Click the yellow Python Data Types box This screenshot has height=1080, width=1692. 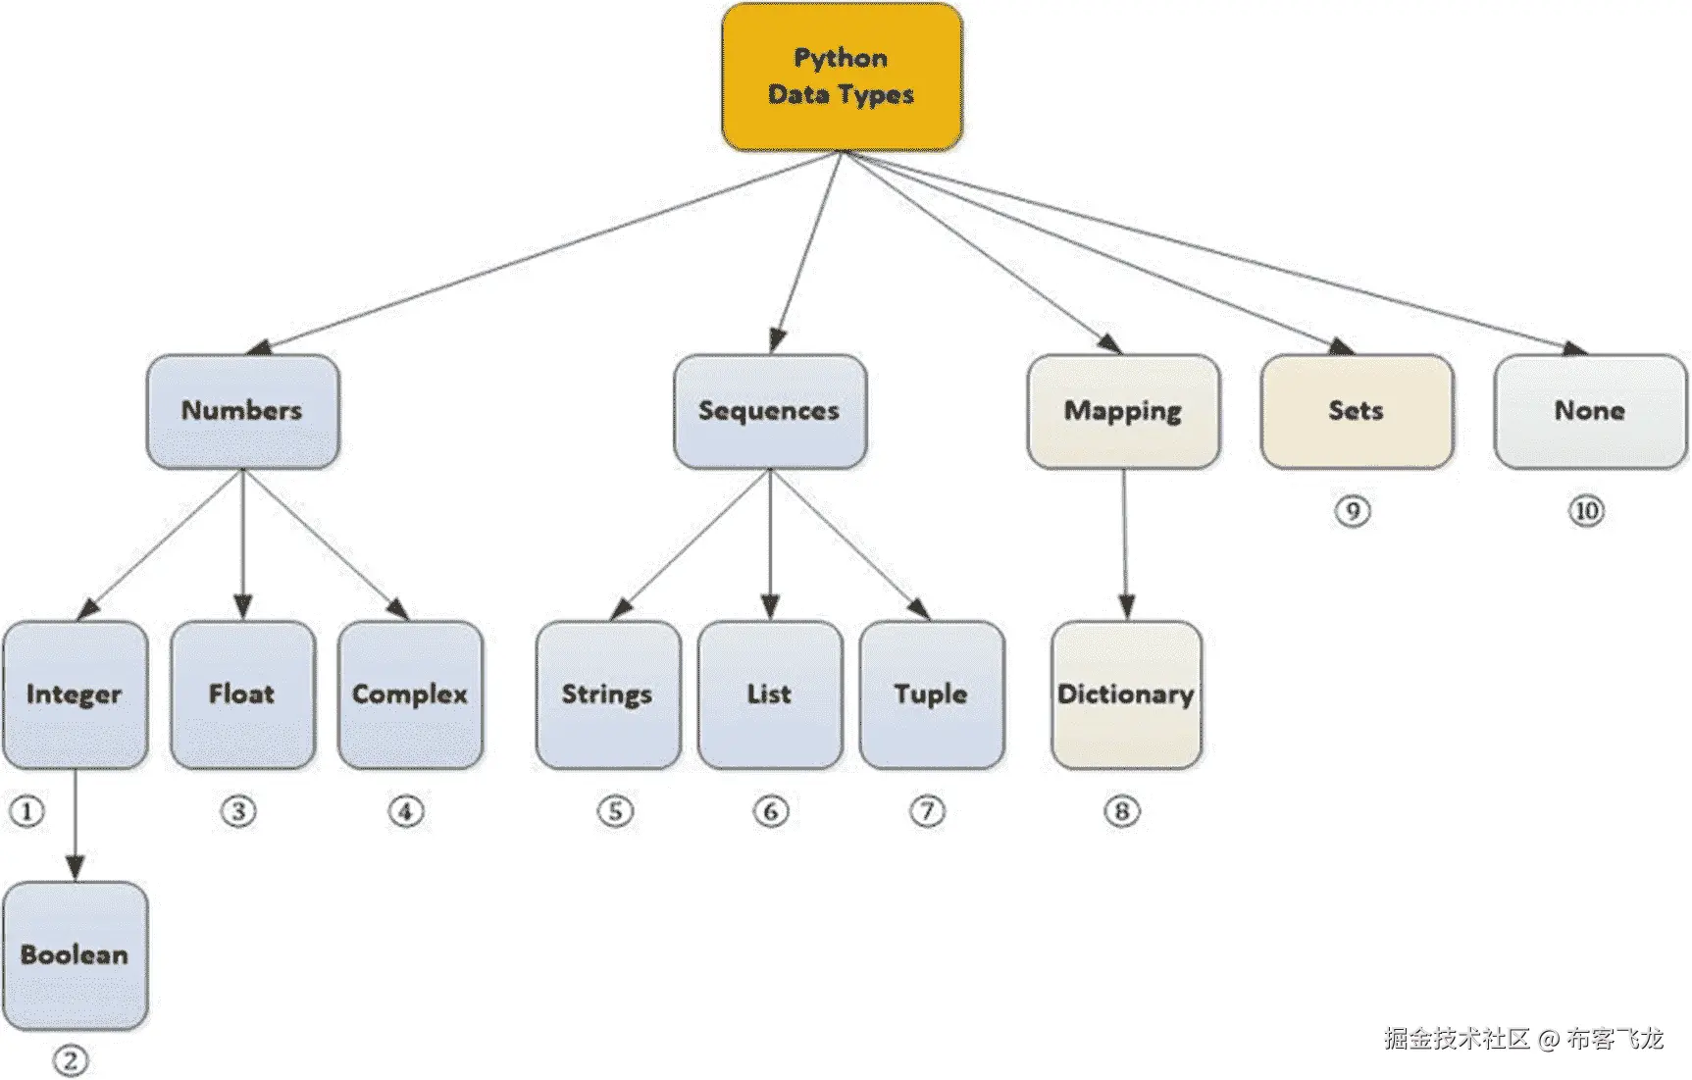[842, 77]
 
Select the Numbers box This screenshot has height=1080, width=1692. [242, 411]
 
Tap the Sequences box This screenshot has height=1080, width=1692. [770, 411]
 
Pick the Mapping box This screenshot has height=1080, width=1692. [1123, 411]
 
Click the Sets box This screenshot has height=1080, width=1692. [1357, 411]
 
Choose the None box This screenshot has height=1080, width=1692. [1590, 411]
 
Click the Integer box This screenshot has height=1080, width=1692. [75, 694]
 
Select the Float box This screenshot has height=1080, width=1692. [242, 694]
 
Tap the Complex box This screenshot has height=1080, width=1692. [410, 694]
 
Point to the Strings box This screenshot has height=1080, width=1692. [607, 694]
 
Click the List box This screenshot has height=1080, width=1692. [770, 694]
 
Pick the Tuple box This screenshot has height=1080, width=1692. [931, 694]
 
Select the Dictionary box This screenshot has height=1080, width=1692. [1126, 694]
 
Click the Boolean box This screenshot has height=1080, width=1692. [75, 955]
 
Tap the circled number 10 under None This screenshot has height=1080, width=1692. [1586, 511]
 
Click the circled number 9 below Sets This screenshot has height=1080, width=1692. [1353, 511]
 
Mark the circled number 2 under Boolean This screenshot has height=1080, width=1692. [70, 1060]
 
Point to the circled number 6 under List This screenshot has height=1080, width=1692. [770, 811]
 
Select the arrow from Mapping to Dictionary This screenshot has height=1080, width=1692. [1125, 544]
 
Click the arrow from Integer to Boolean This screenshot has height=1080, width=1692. [76, 824]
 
